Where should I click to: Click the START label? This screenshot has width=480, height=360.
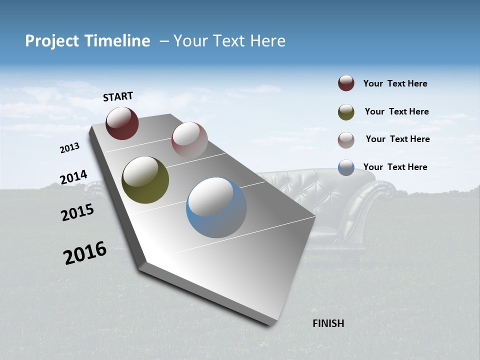(x=118, y=96)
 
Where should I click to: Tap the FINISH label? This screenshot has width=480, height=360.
(x=328, y=323)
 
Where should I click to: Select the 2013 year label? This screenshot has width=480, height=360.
(x=70, y=148)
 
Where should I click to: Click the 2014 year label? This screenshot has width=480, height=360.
(x=73, y=177)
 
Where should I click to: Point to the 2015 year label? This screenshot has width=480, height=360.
(x=77, y=212)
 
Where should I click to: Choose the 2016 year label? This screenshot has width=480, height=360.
(x=85, y=253)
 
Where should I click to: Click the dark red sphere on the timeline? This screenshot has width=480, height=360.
(x=122, y=123)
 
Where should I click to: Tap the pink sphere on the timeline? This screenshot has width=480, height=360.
(x=189, y=139)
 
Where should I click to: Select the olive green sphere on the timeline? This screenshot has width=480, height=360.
(x=145, y=180)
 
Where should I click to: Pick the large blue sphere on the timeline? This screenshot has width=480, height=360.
(x=216, y=207)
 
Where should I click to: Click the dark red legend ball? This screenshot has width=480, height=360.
(x=346, y=83)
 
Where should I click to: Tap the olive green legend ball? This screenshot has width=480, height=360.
(x=346, y=112)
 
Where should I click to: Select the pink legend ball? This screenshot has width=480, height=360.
(x=346, y=140)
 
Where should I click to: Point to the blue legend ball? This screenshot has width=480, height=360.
(x=346, y=167)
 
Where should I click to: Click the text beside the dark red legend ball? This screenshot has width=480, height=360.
(x=395, y=83)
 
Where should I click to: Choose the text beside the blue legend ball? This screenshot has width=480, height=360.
(x=395, y=167)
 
